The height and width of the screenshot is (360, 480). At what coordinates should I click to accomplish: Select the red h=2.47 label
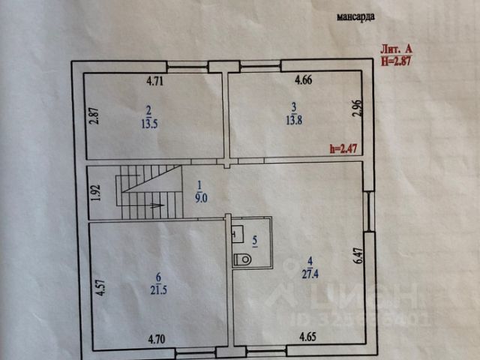click(x=346, y=148)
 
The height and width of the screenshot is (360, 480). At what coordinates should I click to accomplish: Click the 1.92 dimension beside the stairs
click(x=95, y=193)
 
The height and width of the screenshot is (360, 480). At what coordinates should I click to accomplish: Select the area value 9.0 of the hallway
click(x=199, y=199)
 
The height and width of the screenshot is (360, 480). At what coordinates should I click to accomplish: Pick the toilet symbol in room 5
click(x=243, y=259)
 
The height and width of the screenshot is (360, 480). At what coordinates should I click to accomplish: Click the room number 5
click(x=255, y=241)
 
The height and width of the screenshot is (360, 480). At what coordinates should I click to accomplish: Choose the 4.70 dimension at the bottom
click(x=156, y=340)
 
